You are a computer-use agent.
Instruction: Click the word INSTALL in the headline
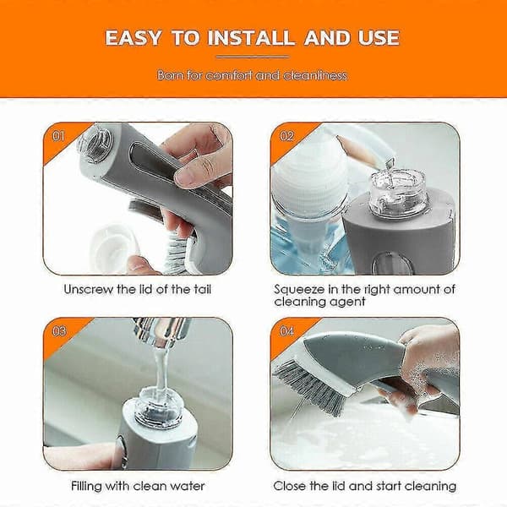251,38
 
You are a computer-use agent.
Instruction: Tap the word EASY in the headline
133,38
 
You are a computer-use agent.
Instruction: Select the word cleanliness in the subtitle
314,75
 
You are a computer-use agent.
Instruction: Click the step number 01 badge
58,136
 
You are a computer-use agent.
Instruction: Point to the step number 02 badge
286,136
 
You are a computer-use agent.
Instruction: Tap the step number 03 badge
59,331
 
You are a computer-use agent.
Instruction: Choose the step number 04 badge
286,331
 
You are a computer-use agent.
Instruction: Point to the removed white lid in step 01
112,248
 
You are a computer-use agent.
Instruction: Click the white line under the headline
253,57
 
